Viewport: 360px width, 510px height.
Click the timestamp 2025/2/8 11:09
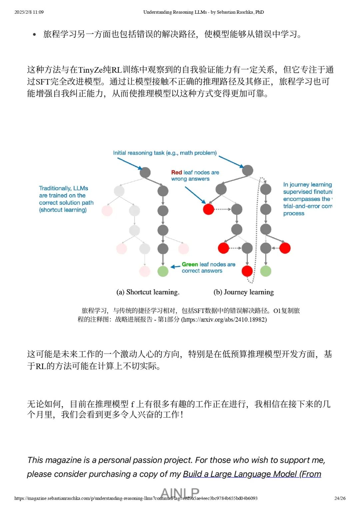pyautogui.click(x=29, y=12)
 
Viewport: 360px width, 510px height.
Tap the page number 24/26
pyautogui.click(x=340, y=498)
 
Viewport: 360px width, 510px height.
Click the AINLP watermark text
pyautogui.click(x=180, y=492)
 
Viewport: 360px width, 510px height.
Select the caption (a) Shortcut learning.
pyautogui.click(x=148, y=292)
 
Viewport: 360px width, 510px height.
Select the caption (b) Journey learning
pyautogui.click(x=244, y=292)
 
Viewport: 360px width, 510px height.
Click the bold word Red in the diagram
pyautogui.click(x=176, y=172)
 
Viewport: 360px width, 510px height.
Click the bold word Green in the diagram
pyautogui.click(x=190, y=264)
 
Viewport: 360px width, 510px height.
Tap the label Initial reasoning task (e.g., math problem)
pyautogui.click(x=165, y=153)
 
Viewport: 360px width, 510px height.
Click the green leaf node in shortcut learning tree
pyautogui.click(x=163, y=271)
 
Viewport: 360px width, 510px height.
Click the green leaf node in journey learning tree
pyautogui.click(x=266, y=271)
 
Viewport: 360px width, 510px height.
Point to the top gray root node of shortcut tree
pyautogui.click(x=145, y=172)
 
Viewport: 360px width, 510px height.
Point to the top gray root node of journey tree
pyautogui.click(x=247, y=170)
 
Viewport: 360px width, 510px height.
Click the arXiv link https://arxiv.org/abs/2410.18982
pyautogui.click(x=224, y=320)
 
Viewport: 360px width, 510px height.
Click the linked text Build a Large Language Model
pyautogui.click(x=240, y=474)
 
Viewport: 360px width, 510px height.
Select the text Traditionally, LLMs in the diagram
pyautogui.click(x=63, y=188)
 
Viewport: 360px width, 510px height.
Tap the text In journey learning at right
pyautogui.click(x=307, y=184)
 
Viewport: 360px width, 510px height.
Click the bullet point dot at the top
pyautogui.click(x=34, y=34)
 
